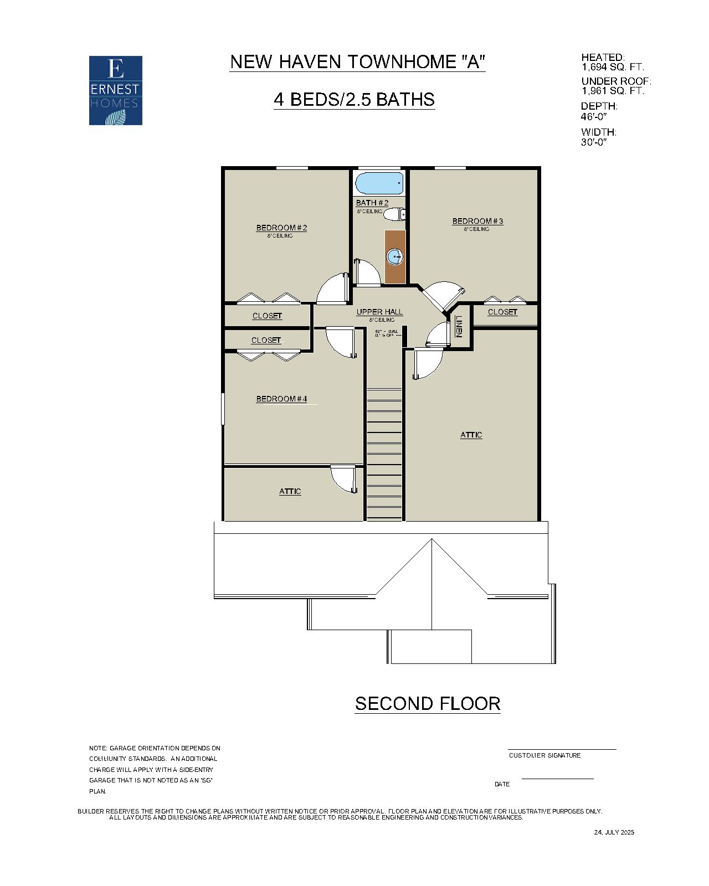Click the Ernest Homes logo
click(x=116, y=90)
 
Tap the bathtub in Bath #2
click(x=379, y=183)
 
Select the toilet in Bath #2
click(x=395, y=214)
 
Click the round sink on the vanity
click(x=394, y=256)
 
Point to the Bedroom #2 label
click(x=281, y=228)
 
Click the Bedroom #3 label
click(x=477, y=221)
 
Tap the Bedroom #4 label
click(x=281, y=399)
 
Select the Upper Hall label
click(x=379, y=312)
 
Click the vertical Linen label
click(x=459, y=327)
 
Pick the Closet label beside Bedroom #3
click(x=502, y=312)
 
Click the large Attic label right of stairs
click(x=471, y=435)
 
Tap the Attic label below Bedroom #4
click(x=290, y=491)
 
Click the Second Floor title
click(x=428, y=703)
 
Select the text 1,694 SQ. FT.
click(x=613, y=67)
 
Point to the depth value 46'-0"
click(x=594, y=117)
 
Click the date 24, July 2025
click(x=614, y=832)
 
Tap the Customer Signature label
click(x=544, y=755)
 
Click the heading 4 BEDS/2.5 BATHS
click(x=354, y=100)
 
